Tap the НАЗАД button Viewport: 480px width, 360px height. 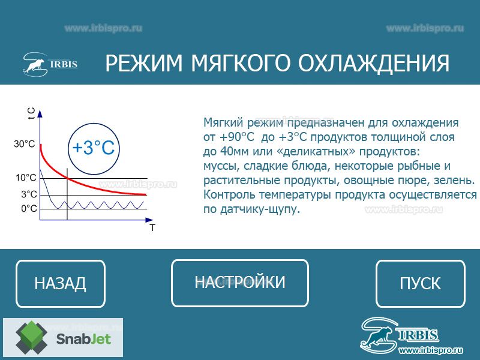61,283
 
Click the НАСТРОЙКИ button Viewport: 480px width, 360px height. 239,283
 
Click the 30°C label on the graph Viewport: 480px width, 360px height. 25,144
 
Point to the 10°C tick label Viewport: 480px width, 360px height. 26,178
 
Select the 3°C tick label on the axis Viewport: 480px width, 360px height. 29,194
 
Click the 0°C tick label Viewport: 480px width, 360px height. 29,209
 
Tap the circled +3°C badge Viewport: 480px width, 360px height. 94,149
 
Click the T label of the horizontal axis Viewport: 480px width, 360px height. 152,228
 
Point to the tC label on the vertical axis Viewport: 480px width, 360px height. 31,113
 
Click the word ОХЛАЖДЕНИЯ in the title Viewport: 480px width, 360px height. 374,63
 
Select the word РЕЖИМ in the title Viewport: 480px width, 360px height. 144,63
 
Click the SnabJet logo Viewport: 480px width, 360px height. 63,337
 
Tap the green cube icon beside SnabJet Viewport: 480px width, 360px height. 32,337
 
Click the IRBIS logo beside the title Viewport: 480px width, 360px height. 50,64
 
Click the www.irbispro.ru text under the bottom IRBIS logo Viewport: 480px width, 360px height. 430,350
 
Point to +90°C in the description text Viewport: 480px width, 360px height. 237,137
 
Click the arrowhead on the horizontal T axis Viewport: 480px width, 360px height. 149,220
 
